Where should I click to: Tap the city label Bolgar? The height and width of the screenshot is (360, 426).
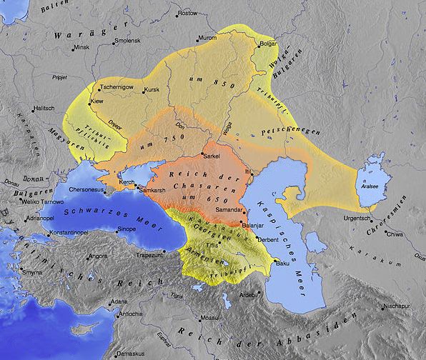(268, 44)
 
